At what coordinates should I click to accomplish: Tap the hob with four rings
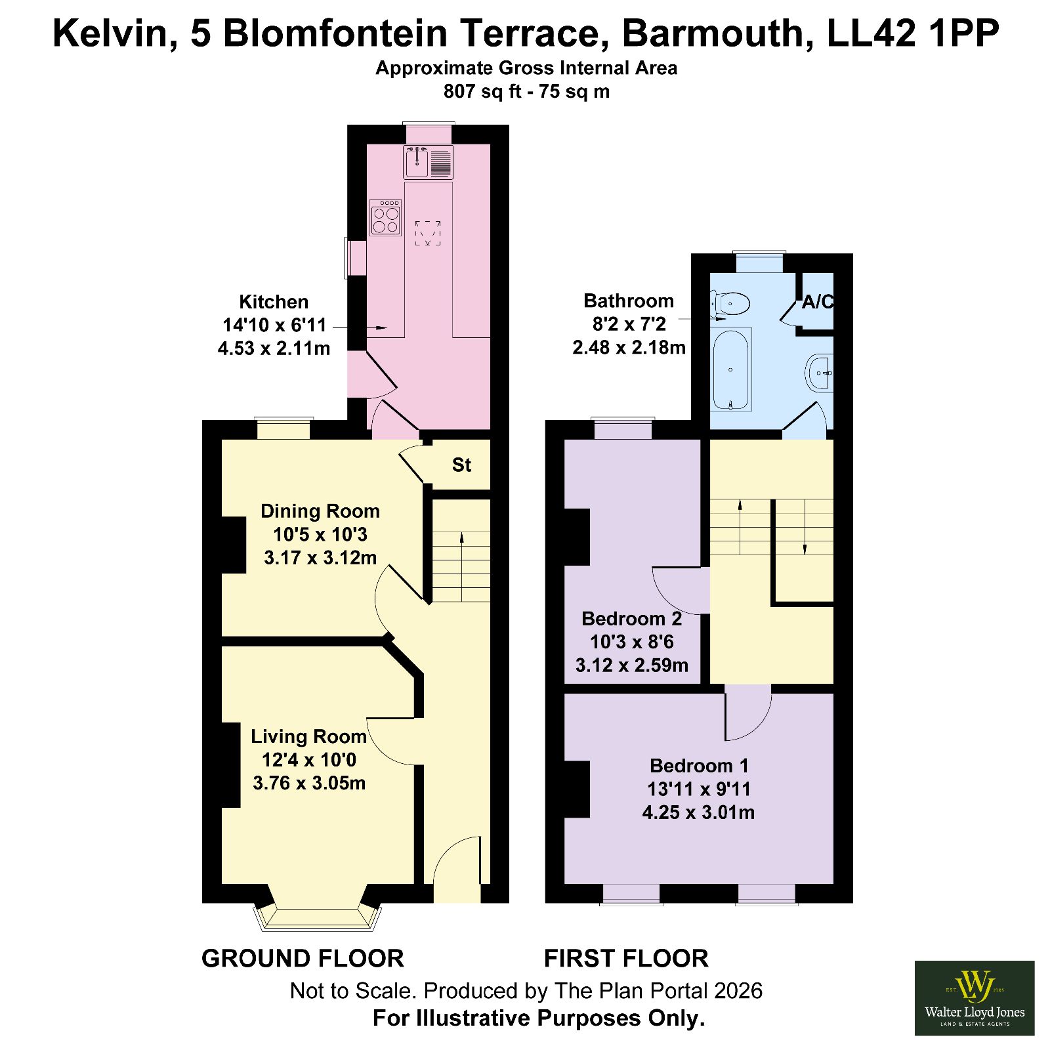click(x=385, y=217)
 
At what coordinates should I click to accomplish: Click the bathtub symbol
click(x=731, y=369)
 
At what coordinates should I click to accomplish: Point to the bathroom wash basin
click(x=820, y=373)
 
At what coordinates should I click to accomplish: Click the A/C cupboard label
click(x=818, y=302)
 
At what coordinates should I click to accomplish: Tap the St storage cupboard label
click(x=461, y=465)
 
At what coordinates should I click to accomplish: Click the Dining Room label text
click(x=320, y=511)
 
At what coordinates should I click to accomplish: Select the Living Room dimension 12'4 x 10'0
click(x=309, y=760)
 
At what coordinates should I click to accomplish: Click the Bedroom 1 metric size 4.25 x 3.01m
click(x=698, y=812)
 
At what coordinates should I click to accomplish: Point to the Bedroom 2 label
click(x=632, y=619)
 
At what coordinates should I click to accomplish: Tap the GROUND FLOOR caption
click(x=303, y=959)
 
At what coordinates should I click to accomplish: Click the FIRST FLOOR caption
click(x=626, y=959)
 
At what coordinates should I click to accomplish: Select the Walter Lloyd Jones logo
click(x=975, y=998)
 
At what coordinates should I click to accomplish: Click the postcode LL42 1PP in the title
click(x=913, y=33)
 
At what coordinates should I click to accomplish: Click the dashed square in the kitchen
click(x=428, y=233)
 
